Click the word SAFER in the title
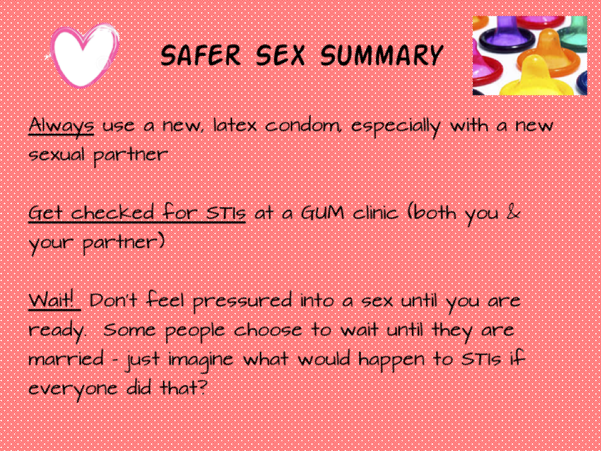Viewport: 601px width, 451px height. pyautogui.click(x=201, y=55)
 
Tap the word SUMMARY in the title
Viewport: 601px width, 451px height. pyautogui.click(x=382, y=55)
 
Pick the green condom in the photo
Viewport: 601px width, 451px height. pyautogui.click(x=574, y=35)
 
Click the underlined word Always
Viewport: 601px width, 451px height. pyautogui.click(x=61, y=126)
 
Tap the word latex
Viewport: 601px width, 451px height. pyautogui.click(x=234, y=125)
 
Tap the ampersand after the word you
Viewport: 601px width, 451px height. pyautogui.click(x=513, y=213)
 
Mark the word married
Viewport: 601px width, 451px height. pyautogui.click(x=66, y=359)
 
